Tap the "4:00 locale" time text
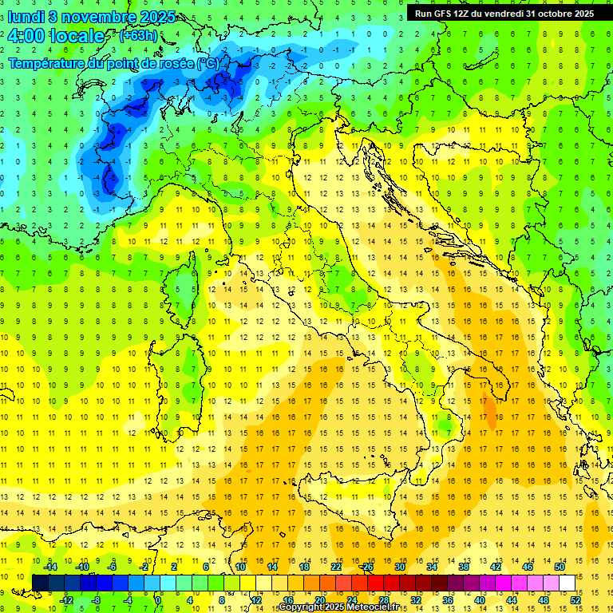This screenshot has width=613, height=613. pyautogui.click(x=56, y=36)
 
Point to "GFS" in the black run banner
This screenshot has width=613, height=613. pyautogui.click(x=448, y=14)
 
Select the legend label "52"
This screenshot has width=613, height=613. pyautogui.click(x=575, y=599)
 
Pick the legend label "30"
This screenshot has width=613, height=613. pyautogui.click(x=399, y=567)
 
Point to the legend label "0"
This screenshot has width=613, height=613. pyautogui.click(x=158, y=599)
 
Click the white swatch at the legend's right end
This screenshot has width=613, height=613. pyautogui.click(x=568, y=583)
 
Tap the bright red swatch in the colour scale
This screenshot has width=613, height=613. pyautogui.click(x=375, y=583)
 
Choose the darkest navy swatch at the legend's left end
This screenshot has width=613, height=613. pyautogui.click(x=40, y=583)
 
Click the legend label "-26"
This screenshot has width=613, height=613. pyautogui.click(x=366, y=567)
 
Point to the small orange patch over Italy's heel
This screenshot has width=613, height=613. pyautogui.click(x=488, y=410)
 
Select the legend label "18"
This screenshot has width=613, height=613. pyautogui.click(x=303, y=567)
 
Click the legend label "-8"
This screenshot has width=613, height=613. pyautogui.click(x=95, y=599)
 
